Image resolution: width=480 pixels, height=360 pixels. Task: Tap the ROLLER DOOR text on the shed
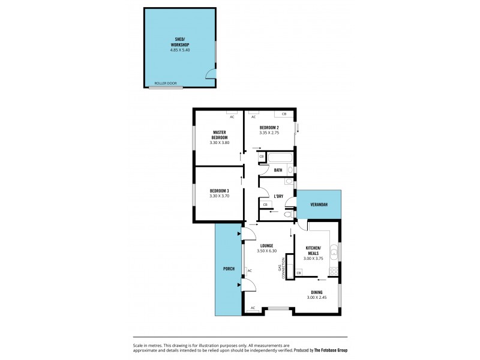click(165, 83)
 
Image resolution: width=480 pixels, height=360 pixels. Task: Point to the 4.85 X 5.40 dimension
click(179, 50)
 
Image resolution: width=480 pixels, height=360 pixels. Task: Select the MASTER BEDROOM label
click(220, 134)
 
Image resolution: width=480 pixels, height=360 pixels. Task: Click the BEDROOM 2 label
click(269, 128)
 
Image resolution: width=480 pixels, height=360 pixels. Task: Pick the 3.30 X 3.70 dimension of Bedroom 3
click(220, 196)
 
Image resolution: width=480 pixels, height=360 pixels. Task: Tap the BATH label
click(278, 170)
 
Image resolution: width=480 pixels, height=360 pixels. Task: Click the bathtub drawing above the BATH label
click(279, 158)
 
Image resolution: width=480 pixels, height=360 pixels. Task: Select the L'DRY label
click(278, 196)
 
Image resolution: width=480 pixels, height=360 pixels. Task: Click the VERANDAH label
click(319, 205)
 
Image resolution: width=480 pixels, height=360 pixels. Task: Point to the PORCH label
click(229, 268)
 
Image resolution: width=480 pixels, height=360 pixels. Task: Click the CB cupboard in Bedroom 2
click(284, 113)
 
